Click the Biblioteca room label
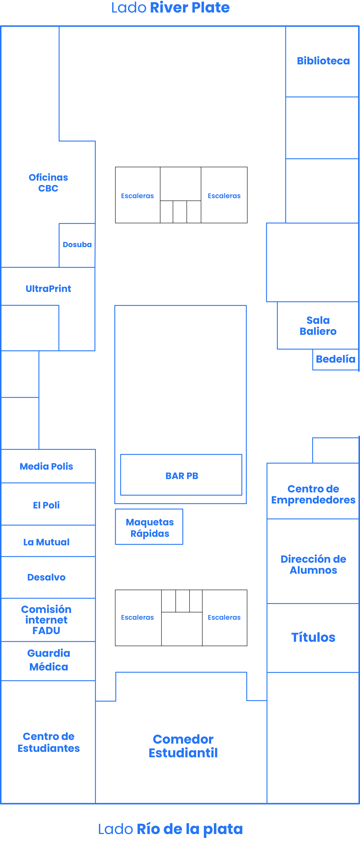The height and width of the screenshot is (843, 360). click(x=323, y=61)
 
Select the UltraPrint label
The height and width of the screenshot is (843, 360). click(x=48, y=289)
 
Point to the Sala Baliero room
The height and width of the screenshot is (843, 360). click(x=318, y=326)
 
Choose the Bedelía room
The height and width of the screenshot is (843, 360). click(x=335, y=359)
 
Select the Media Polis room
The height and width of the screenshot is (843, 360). click(x=46, y=466)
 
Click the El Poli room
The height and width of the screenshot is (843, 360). click(x=46, y=505)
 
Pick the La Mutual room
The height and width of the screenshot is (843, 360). click(x=46, y=542)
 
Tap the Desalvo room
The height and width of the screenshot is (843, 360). click(x=46, y=577)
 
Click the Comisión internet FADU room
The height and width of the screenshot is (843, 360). click(x=46, y=620)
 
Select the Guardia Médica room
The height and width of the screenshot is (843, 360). click(x=48, y=660)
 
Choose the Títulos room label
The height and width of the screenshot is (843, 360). click(x=313, y=637)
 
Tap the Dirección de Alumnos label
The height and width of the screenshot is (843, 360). click(x=313, y=564)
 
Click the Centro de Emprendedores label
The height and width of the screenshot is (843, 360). click(x=313, y=494)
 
